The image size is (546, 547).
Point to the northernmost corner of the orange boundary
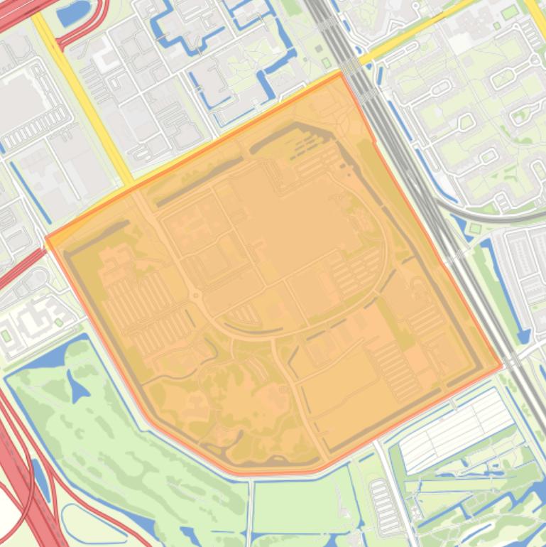point(342,72)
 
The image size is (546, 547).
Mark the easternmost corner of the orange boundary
point(502,367)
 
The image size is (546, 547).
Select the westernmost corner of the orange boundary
point(46,239)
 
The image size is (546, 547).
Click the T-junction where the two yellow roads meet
point(128,183)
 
